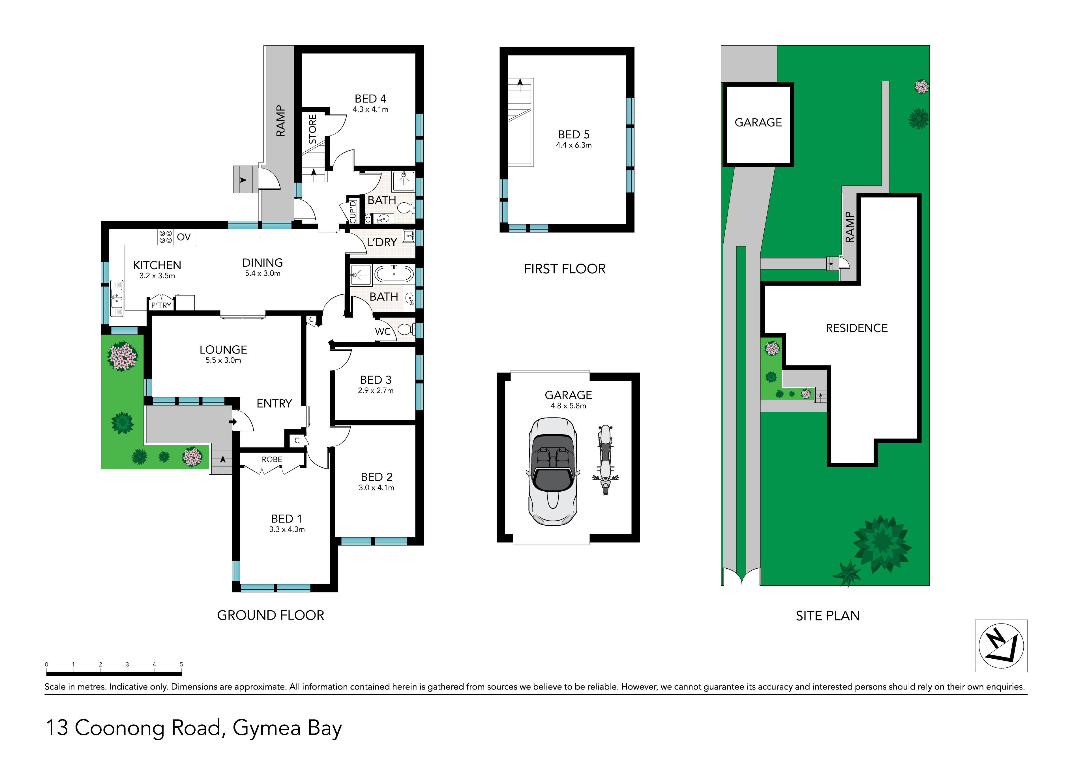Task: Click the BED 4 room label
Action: [x=370, y=99]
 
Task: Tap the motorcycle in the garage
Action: [x=605, y=460]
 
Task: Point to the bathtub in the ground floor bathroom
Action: [x=394, y=274]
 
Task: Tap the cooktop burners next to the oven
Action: [x=165, y=237]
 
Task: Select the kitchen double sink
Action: [x=116, y=298]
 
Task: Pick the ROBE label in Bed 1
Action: [x=272, y=460]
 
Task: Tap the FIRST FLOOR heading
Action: [x=565, y=269]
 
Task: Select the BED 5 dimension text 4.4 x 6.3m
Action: [x=574, y=145]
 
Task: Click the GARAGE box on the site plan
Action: [x=758, y=125]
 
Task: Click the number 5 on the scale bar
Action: [x=181, y=664]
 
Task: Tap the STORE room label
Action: [x=312, y=129]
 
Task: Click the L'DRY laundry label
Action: [x=382, y=242]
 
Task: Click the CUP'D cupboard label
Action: [x=353, y=211]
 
